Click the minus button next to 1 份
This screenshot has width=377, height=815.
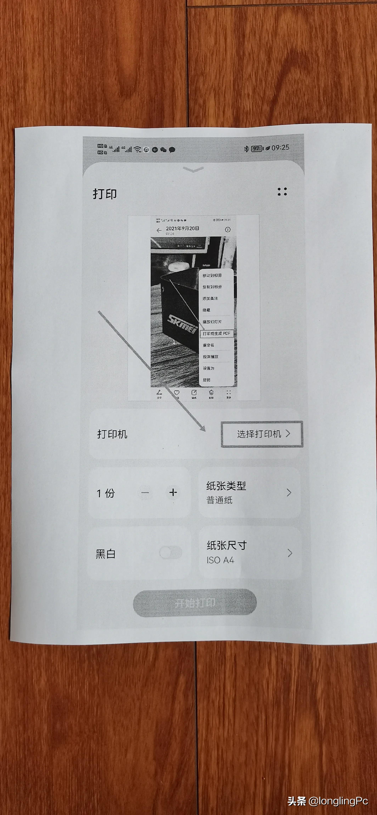[x=145, y=493]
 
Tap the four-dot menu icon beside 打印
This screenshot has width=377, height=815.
[x=282, y=191]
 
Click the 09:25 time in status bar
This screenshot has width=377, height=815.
[x=280, y=148]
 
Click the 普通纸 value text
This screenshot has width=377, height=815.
[x=219, y=500]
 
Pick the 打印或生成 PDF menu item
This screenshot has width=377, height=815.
[x=216, y=333]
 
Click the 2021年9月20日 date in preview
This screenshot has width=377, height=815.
[x=182, y=228]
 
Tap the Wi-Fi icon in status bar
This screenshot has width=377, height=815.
[x=137, y=149]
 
